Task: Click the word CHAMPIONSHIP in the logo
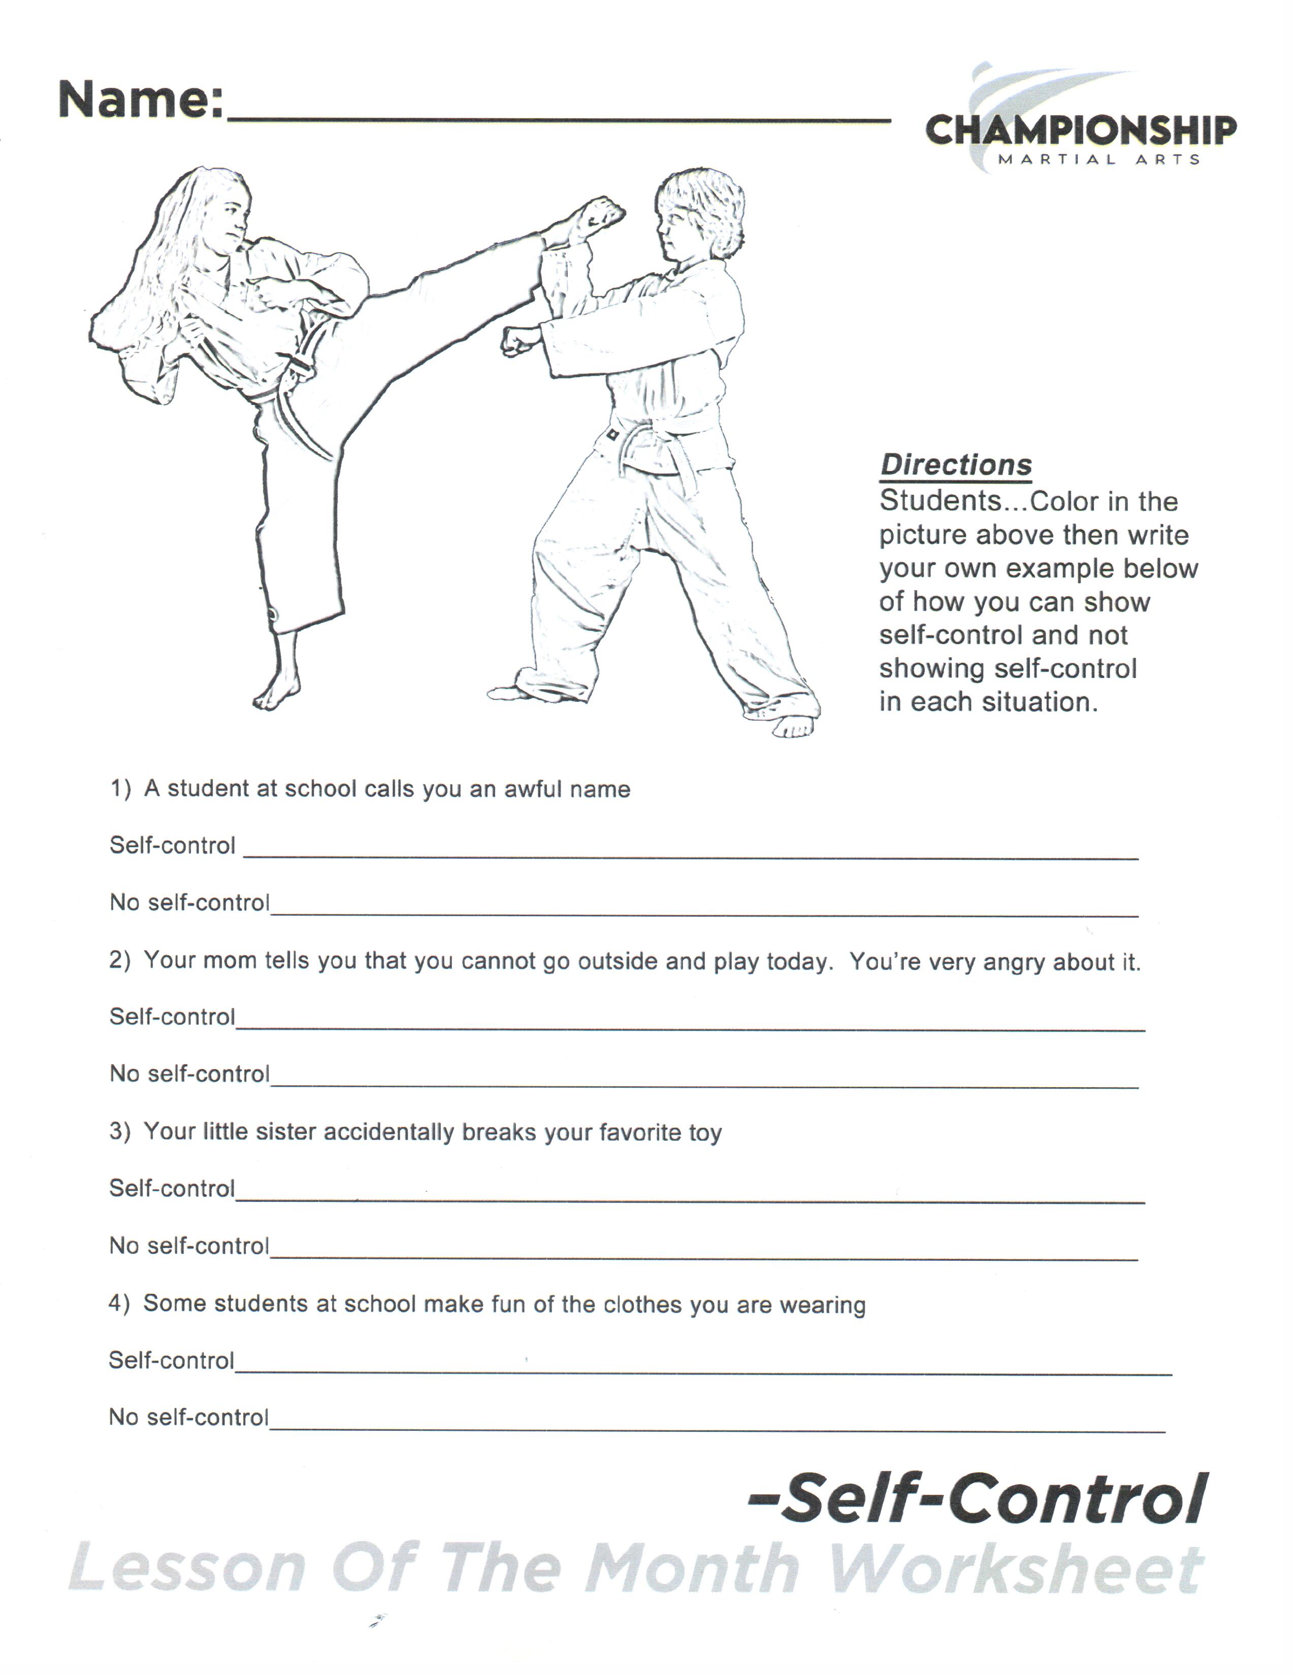1080,131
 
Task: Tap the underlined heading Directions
955,465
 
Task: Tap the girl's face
229,222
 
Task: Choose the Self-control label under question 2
172,1017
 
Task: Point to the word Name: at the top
141,99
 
